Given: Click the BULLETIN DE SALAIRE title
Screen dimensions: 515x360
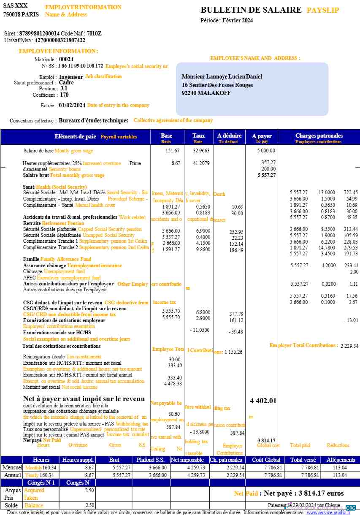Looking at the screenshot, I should click(x=251, y=10).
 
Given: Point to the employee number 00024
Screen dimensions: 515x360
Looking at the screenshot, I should click(x=66, y=60).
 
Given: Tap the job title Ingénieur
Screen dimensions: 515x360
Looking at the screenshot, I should click(x=71, y=77).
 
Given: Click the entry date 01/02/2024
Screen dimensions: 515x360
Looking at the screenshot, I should click(x=72, y=105).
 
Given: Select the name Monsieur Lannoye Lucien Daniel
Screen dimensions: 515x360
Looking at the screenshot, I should click(x=222, y=76).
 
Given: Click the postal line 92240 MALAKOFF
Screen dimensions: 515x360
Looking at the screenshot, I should click(x=206, y=93).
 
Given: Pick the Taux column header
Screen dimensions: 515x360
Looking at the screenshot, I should click(x=198, y=136).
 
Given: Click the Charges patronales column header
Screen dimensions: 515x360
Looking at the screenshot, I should click(x=319, y=136).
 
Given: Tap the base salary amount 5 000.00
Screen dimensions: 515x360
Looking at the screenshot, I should click(x=266, y=150).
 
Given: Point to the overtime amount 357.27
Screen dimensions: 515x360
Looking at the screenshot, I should click(x=268, y=162).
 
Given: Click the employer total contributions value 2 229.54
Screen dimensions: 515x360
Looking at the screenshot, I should click(x=349, y=346).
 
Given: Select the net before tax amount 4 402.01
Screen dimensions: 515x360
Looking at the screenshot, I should click(x=263, y=401).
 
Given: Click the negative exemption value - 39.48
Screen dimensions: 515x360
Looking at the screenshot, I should click(x=236, y=332).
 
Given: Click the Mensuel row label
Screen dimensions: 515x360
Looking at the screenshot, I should click(x=12, y=467).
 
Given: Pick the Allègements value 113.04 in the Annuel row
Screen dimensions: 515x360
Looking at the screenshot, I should click(x=340, y=475).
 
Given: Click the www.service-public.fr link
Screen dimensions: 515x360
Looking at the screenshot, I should click(x=328, y=512).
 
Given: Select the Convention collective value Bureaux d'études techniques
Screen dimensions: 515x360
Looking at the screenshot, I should click(x=93, y=121).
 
